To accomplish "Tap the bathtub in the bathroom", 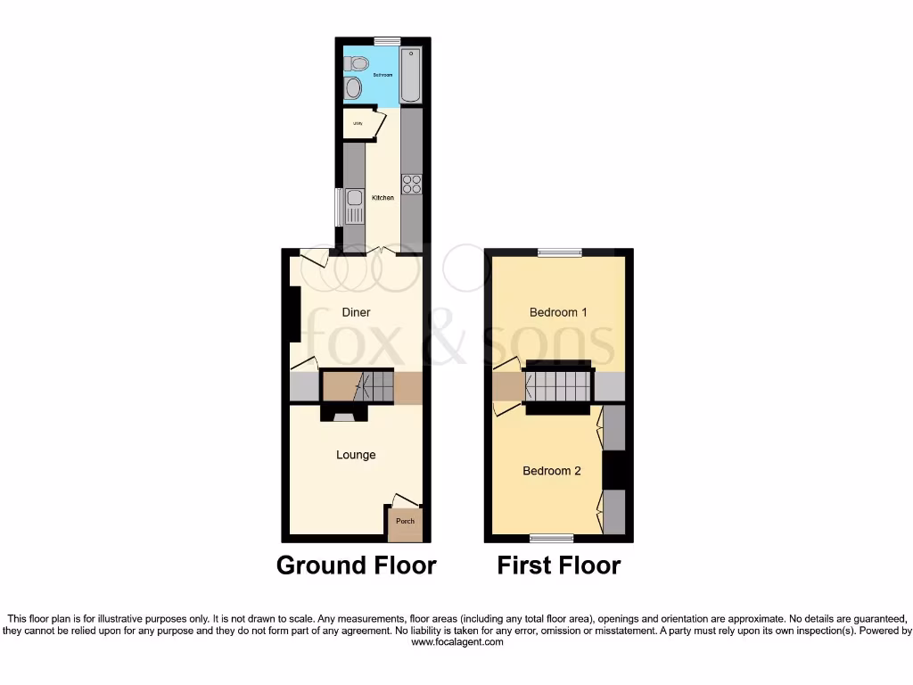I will (410, 73).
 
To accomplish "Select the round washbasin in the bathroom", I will (354, 88).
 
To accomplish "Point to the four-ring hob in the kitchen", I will (411, 184).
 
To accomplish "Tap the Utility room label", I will (358, 123).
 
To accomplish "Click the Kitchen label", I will (383, 198).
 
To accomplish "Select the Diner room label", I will (356, 312).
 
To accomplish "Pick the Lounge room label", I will (356, 455).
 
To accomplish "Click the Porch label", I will (405, 521).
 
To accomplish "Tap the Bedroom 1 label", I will (558, 312).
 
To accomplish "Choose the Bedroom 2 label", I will (552, 470).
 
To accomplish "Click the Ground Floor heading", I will (356, 565).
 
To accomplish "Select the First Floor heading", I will (558, 565).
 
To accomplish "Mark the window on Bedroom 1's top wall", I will (559, 252).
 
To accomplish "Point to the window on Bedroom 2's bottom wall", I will (552, 538).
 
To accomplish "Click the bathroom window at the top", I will (387, 40).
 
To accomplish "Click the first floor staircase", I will (557, 386).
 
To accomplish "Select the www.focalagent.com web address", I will (456, 642).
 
